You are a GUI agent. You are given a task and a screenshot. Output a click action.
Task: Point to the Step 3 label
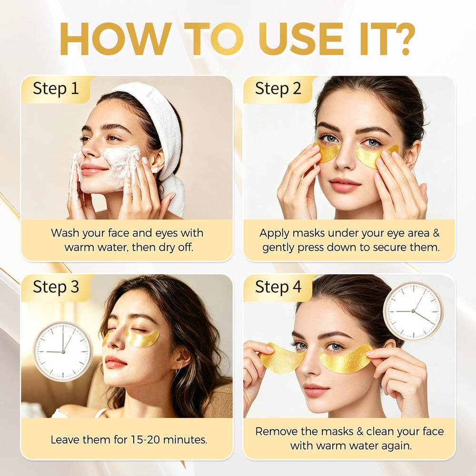coord(56,287)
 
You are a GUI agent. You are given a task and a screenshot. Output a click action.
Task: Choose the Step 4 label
coord(278,287)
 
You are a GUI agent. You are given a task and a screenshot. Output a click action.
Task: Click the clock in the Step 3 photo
coord(63,351)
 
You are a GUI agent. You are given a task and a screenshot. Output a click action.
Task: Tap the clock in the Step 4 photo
coord(413,311)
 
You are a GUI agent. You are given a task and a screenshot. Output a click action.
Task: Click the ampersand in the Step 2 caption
coord(436,233)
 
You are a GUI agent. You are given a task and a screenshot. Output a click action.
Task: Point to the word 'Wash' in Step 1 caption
coord(65,233)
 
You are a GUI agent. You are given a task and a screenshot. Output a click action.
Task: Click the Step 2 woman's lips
coord(344,185)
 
